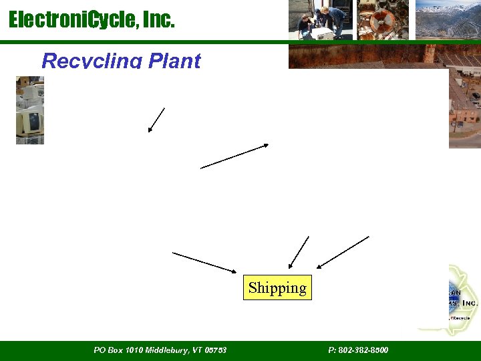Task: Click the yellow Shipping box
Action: (x=277, y=287)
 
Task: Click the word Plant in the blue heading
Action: (x=174, y=61)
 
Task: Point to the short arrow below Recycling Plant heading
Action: (x=156, y=120)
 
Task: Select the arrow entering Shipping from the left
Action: (x=204, y=262)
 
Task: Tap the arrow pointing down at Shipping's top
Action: (x=298, y=253)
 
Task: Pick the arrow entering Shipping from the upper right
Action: (x=343, y=252)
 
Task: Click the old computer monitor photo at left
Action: (x=29, y=110)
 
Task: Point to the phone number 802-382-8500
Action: (x=365, y=350)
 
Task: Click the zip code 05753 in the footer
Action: (x=216, y=350)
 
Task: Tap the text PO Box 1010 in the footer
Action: (x=118, y=350)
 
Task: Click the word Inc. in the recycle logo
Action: (x=470, y=303)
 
